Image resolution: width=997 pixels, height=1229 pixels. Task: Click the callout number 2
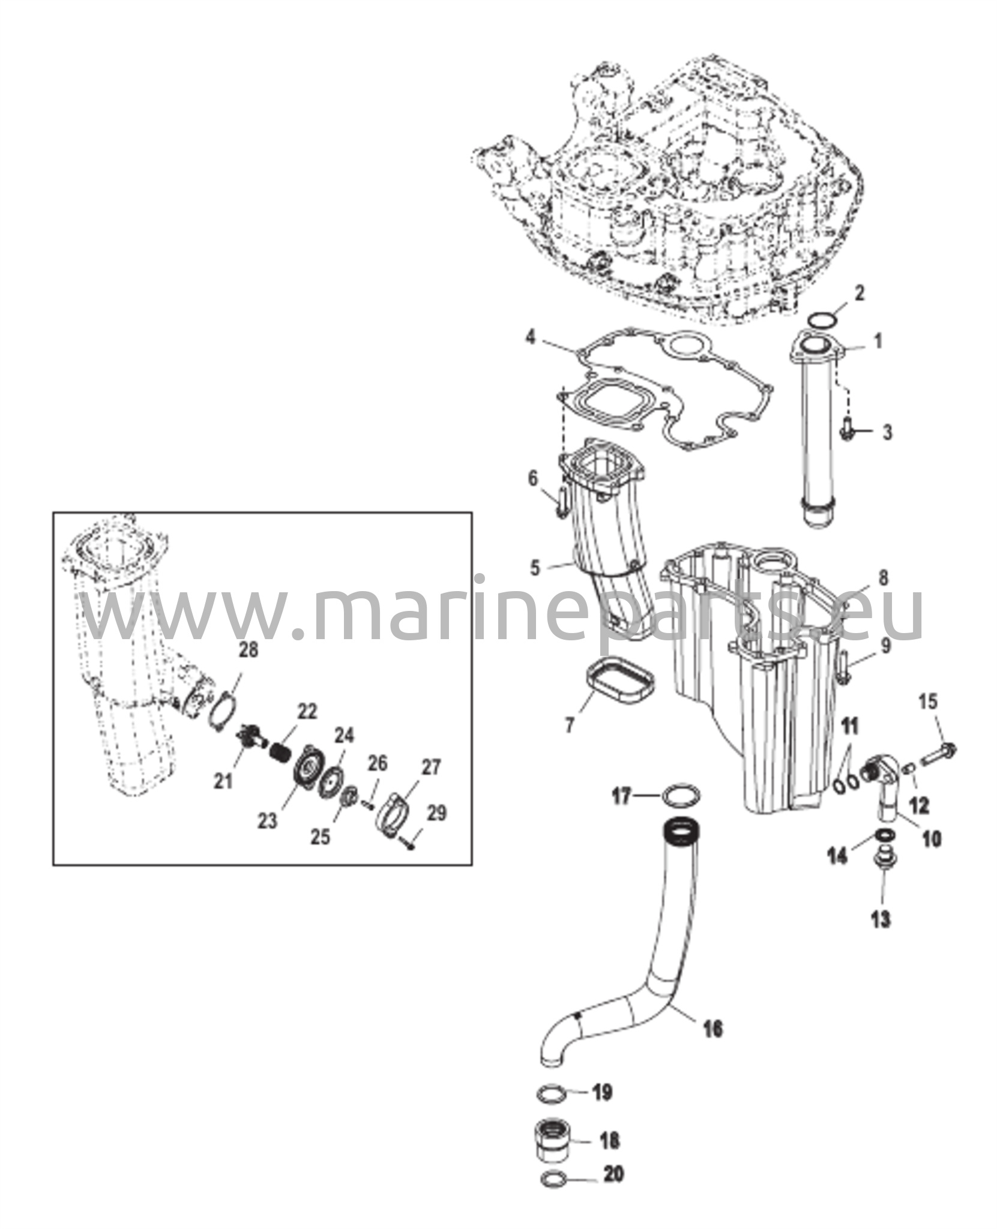click(860, 293)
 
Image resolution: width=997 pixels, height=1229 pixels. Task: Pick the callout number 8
click(882, 578)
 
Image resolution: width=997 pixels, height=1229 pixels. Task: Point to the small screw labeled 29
click(410, 844)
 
